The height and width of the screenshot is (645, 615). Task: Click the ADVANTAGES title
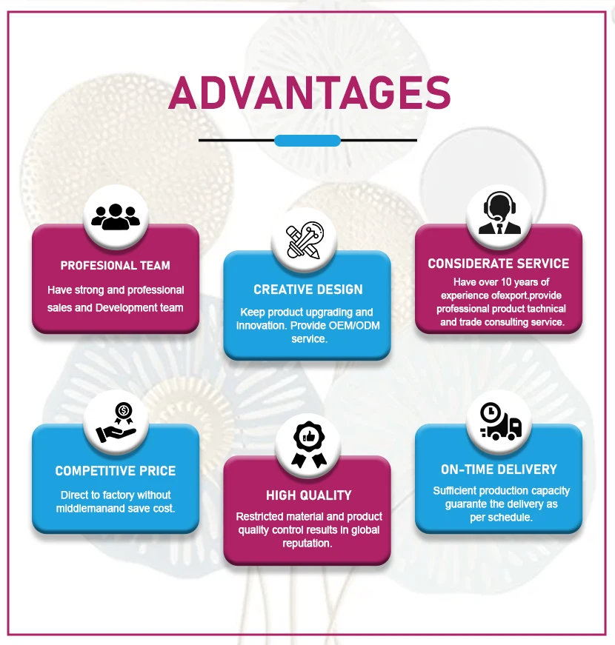pos(310,93)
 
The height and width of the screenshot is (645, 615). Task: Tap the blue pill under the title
pos(307,141)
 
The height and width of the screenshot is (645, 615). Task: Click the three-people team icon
pos(115,215)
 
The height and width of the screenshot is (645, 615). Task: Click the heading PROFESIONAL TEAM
pos(116,266)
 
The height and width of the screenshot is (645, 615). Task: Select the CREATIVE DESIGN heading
pos(308,290)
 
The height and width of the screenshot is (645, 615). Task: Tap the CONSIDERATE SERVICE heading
pos(499,264)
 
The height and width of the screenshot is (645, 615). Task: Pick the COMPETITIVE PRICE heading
pos(116,471)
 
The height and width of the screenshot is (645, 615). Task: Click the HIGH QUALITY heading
pos(308,495)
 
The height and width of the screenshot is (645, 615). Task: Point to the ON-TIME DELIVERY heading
pos(499,469)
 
